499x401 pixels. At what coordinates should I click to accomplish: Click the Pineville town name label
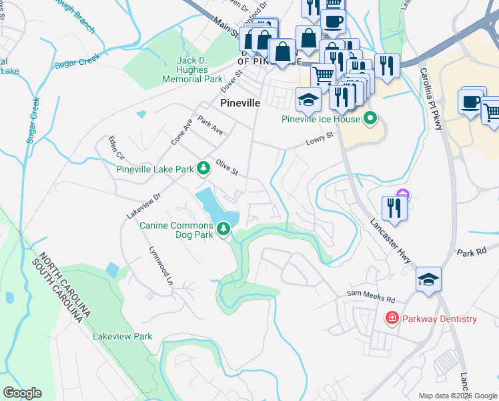click(239, 104)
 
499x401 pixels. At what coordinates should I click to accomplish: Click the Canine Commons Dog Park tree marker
click(223, 230)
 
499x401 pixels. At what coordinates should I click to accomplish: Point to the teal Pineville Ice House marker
click(370, 120)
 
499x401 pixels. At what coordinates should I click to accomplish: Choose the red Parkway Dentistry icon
click(392, 319)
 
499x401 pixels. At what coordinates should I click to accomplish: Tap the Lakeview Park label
click(123, 336)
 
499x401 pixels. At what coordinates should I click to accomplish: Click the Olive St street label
click(227, 166)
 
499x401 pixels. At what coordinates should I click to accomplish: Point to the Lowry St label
click(319, 140)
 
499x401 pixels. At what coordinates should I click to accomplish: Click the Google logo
click(22, 393)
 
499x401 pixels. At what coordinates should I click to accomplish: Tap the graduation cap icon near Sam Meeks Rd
click(428, 279)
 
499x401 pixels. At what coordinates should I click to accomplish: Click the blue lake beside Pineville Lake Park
click(215, 207)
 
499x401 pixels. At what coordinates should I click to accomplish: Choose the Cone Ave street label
click(181, 132)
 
